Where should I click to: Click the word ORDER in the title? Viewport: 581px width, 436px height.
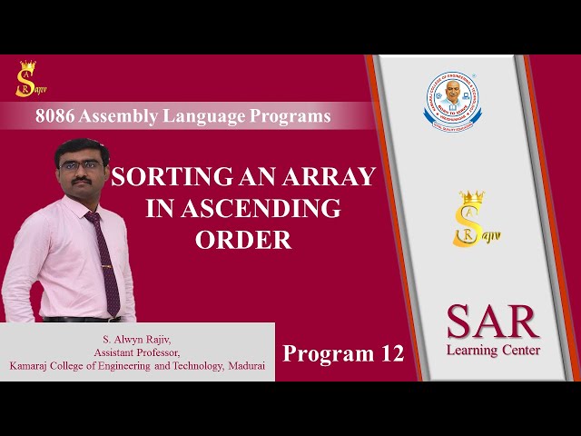pyautogui.click(x=243, y=240)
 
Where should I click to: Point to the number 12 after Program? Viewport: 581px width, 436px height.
pyautogui.click(x=391, y=353)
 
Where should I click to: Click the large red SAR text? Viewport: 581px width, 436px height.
pyautogui.click(x=493, y=322)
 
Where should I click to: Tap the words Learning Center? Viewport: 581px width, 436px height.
pyautogui.click(x=493, y=350)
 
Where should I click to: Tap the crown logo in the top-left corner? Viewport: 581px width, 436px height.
pyautogui.click(x=26, y=79)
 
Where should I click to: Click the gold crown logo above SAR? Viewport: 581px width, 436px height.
pyautogui.click(x=471, y=219)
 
